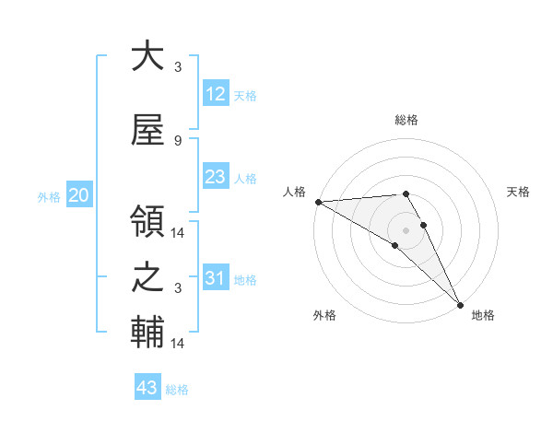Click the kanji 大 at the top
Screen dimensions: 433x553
click(147, 57)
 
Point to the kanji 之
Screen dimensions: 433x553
click(147, 277)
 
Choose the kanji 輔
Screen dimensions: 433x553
click(147, 333)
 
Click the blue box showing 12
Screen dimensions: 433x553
click(215, 94)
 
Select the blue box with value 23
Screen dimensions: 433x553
click(215, 177)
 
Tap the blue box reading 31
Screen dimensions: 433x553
click(215, 278)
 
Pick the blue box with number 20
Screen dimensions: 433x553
click(78, 195)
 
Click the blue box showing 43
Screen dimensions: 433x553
click(147, 388)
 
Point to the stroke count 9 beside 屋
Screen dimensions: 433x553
click(177, 140)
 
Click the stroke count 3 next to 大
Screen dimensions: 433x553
click(177, 67)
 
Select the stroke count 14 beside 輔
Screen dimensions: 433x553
click(178, 344)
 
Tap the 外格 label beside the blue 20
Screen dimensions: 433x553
click(49, 197)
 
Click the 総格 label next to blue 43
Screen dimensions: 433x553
click(177, 390)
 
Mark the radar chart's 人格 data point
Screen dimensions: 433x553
click(317, 202)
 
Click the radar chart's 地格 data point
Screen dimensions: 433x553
click(460, 303)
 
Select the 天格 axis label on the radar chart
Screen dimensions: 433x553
click(519, 192)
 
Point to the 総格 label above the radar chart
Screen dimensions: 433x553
click(406, 120)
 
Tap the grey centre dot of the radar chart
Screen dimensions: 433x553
click(406, 229)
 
